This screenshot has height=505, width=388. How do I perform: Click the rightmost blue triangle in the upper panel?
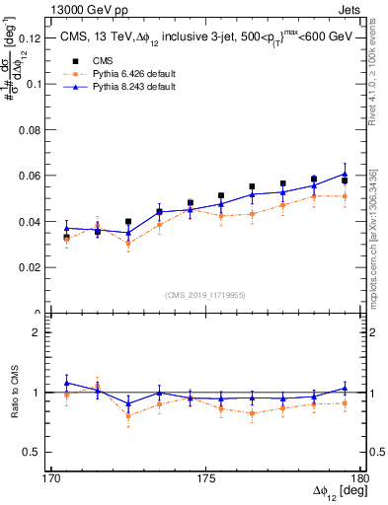click(x=345, y=174)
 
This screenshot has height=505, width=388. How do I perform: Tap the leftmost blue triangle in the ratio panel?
click(x=66, y=383)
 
